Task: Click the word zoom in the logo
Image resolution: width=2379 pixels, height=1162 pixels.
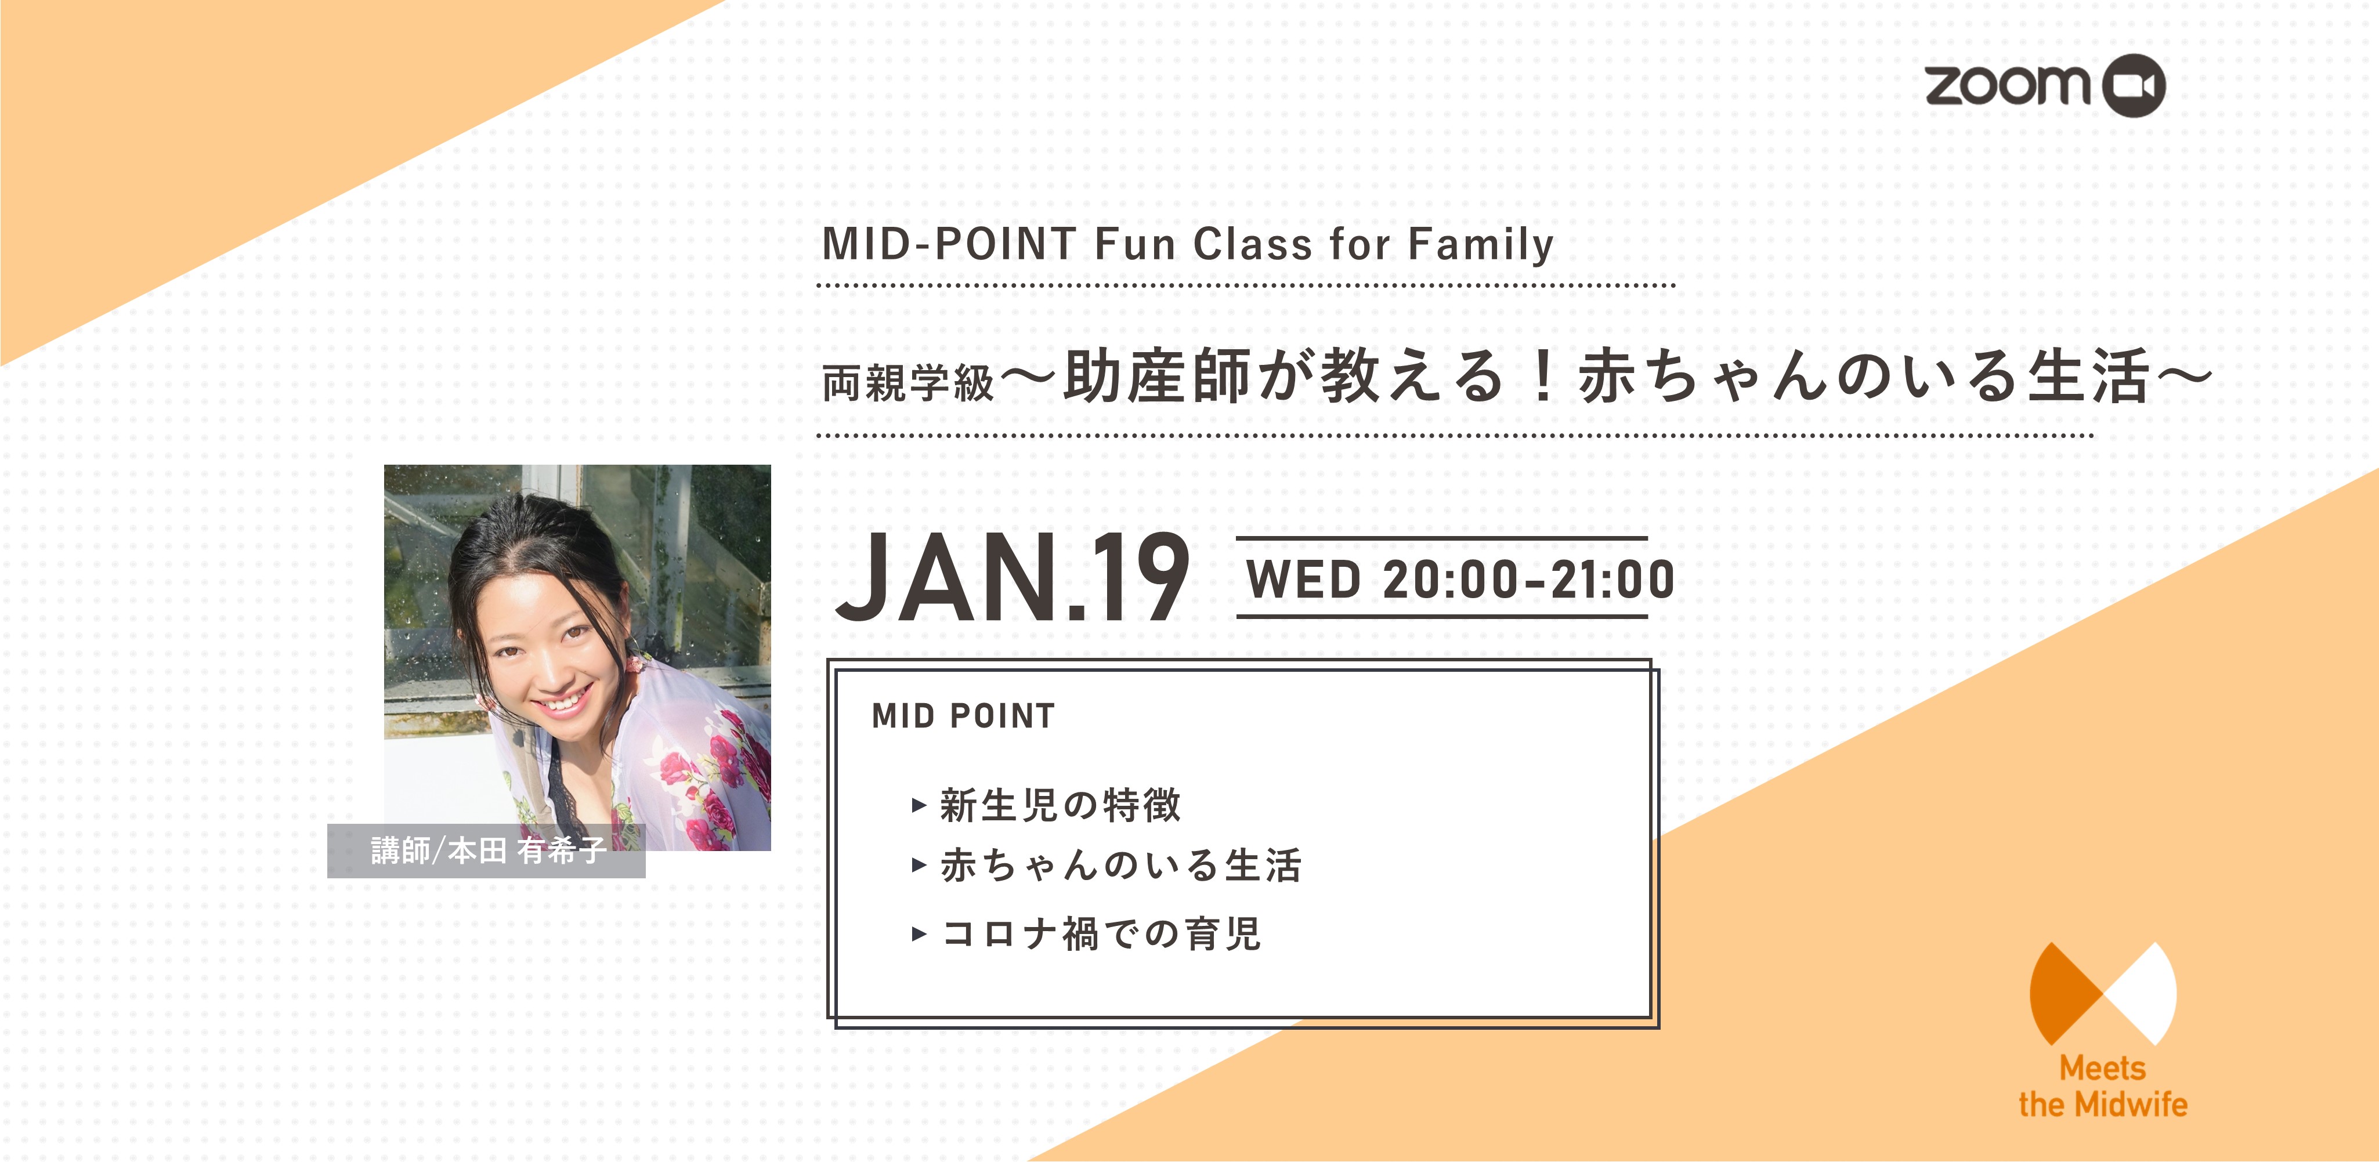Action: pyautogui.click(x=2008, y=85)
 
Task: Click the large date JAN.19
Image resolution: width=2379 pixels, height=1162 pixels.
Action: pyautogui.click(x=1011, y=577)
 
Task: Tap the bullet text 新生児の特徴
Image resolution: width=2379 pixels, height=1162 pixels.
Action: pyautogui.click(x=1060, y=805)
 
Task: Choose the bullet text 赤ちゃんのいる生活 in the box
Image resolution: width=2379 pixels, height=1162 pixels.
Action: pyautogui.click(x=1120, y=866)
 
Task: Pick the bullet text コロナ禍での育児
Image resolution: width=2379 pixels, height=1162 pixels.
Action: pyautogui.click(x=1100, y=933)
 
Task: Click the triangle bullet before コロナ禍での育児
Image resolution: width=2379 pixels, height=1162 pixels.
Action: pyautogui.click(x=919, y=934)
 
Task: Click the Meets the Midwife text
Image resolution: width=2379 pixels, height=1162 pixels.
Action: pyautogui.click(x=2103, y=1086)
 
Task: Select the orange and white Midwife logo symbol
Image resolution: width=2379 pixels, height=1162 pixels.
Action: pyautogui.click(x=2103, y=993)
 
